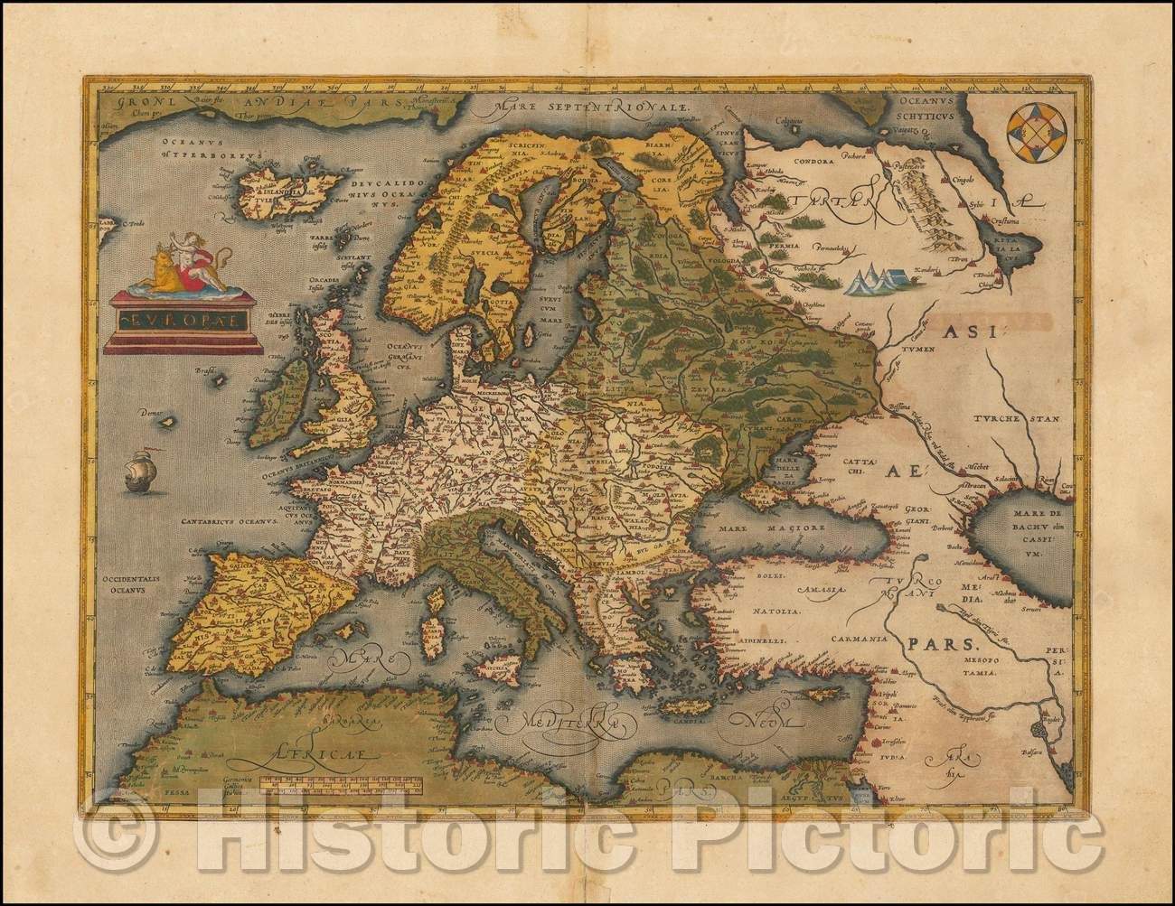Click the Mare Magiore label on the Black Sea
(x=756, y=528)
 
